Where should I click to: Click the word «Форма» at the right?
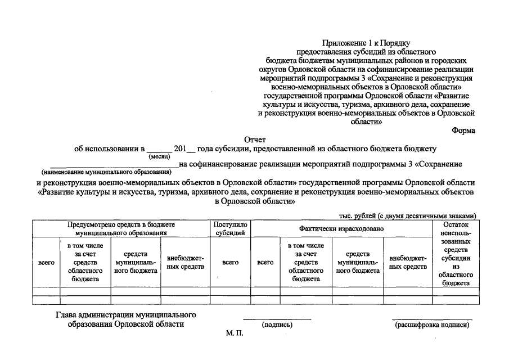[463, 130]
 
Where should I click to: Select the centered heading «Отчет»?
[255, 139]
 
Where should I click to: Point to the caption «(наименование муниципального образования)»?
[105, 172]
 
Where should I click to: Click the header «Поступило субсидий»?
[230, 228]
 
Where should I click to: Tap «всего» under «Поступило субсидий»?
[230, 262]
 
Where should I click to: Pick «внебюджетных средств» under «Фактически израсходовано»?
[408, 262]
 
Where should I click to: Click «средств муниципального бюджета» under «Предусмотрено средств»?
[136, 262]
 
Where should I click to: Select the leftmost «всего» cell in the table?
[46, 262]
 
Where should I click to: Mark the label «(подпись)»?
[277, 325]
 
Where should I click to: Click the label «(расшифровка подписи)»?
[431, 325]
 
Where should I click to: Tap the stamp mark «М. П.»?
[234, 334]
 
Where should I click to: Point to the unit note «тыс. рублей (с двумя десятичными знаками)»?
[408, 215]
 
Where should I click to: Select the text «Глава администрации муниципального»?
[126, 314]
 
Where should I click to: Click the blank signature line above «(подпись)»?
[277, 319]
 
